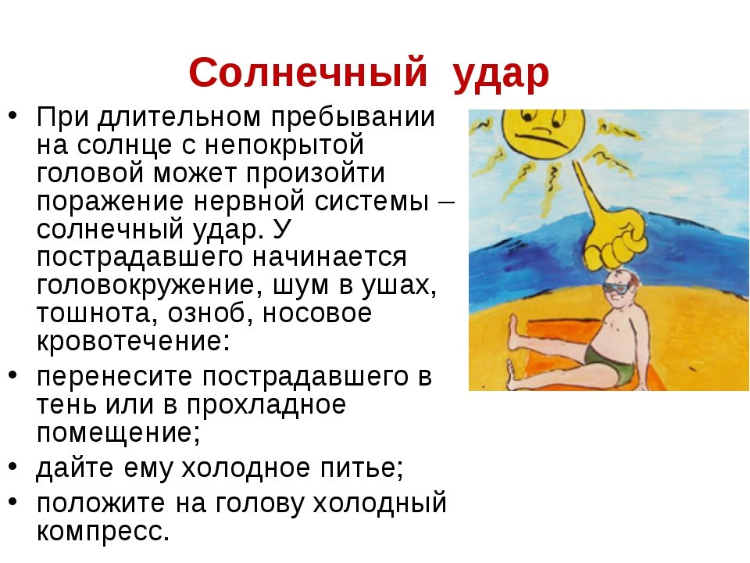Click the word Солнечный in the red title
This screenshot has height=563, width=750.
[x=308, y=73]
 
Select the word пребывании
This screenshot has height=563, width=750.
[x=353, y=117]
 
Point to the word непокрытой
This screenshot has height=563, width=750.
[x=284, y=145]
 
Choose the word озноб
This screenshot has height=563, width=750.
[x=211, y=313]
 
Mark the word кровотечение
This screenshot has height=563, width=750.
[x=134, y=341]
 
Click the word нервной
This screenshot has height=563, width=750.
[x=248, y=202]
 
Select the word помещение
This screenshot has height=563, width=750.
[x=118, y=433]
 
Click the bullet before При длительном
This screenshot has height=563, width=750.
[x=13, y=115]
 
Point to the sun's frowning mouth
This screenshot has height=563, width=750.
[x=545, y=139]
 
